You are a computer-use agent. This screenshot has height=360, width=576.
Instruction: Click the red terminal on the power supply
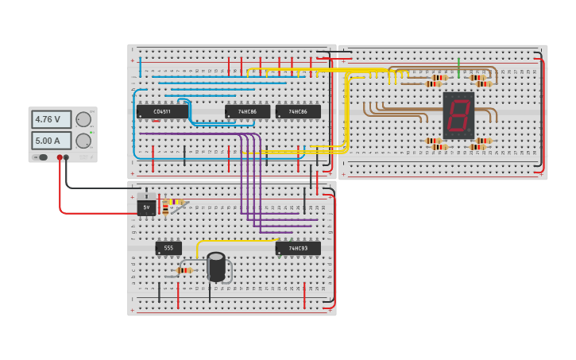[x=60, y=157]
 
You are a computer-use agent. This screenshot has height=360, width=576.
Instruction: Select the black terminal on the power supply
[x=66, y=157]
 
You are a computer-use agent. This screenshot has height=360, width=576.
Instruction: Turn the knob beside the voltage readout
[x=83, y=120]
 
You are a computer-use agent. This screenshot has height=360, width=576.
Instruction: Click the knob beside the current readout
[x=83, y=141]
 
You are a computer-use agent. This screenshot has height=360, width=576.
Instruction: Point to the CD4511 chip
[x=162, y=112]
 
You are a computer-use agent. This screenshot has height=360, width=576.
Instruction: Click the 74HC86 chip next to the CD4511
[x=247, y=112]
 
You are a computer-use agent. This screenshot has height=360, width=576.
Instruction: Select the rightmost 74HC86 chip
[x=298, y=112]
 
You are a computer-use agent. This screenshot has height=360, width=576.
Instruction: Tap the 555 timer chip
[x=168, y=248]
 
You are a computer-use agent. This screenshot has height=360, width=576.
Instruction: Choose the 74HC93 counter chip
[x=298, y=248]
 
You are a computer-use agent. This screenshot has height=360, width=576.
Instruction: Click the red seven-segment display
[x=458, y=116]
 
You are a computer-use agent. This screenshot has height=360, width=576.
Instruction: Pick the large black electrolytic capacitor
[x=216, y=266]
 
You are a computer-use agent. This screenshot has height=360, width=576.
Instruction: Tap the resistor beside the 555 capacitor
[x=184, y=270]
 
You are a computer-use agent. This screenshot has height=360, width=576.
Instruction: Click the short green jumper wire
[x=458, y=68]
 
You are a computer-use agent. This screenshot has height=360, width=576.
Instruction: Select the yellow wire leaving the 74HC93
[x=238, y=241]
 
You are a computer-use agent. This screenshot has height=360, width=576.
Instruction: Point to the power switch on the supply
[x=43, y=157]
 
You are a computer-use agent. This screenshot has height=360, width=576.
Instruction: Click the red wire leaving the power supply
[x=60, y=191]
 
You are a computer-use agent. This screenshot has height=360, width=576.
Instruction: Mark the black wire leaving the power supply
[x=95, y=188]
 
